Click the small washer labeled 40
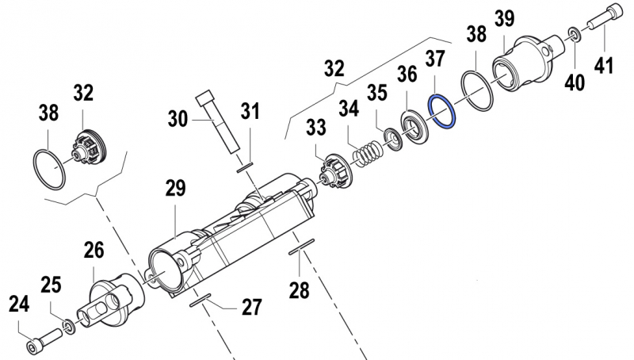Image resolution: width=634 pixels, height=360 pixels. point(573,34)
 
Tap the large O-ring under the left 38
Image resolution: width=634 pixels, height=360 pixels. point(49,167)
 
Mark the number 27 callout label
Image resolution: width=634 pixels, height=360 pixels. point(251,307)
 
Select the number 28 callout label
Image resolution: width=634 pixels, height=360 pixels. point(299,290)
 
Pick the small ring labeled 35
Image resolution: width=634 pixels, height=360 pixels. point(391,138)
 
